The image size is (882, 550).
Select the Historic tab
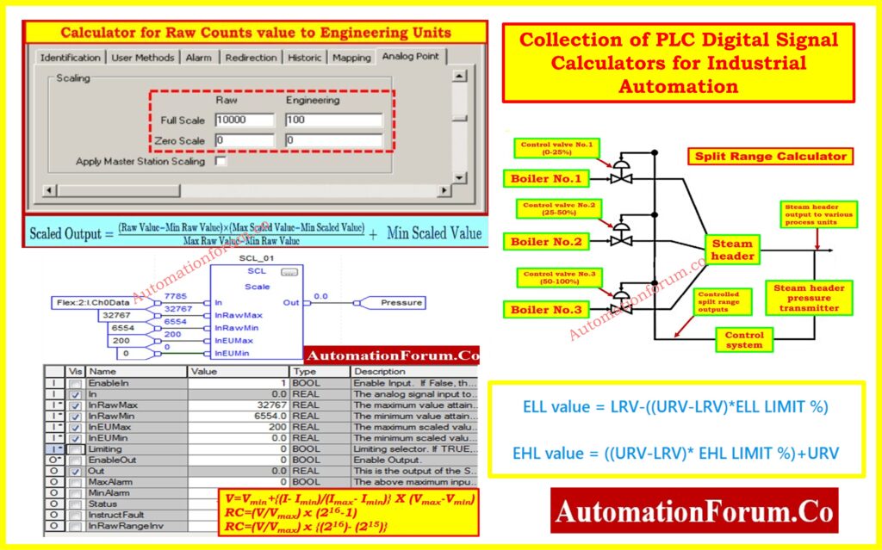pos(305,58)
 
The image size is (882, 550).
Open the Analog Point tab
pos(409,57)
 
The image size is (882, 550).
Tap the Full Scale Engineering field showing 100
pos(333,121)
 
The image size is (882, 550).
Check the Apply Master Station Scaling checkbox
pos(220,161)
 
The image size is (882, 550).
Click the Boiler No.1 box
pos(546,179)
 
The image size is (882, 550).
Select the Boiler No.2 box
pos(546,242)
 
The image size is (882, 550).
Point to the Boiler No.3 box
pos(546,310)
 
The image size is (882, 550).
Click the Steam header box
pos(733,250)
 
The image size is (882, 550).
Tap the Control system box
pos(744,339)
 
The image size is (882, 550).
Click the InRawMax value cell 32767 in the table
pos(238,404)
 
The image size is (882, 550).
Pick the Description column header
pos(413,372)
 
